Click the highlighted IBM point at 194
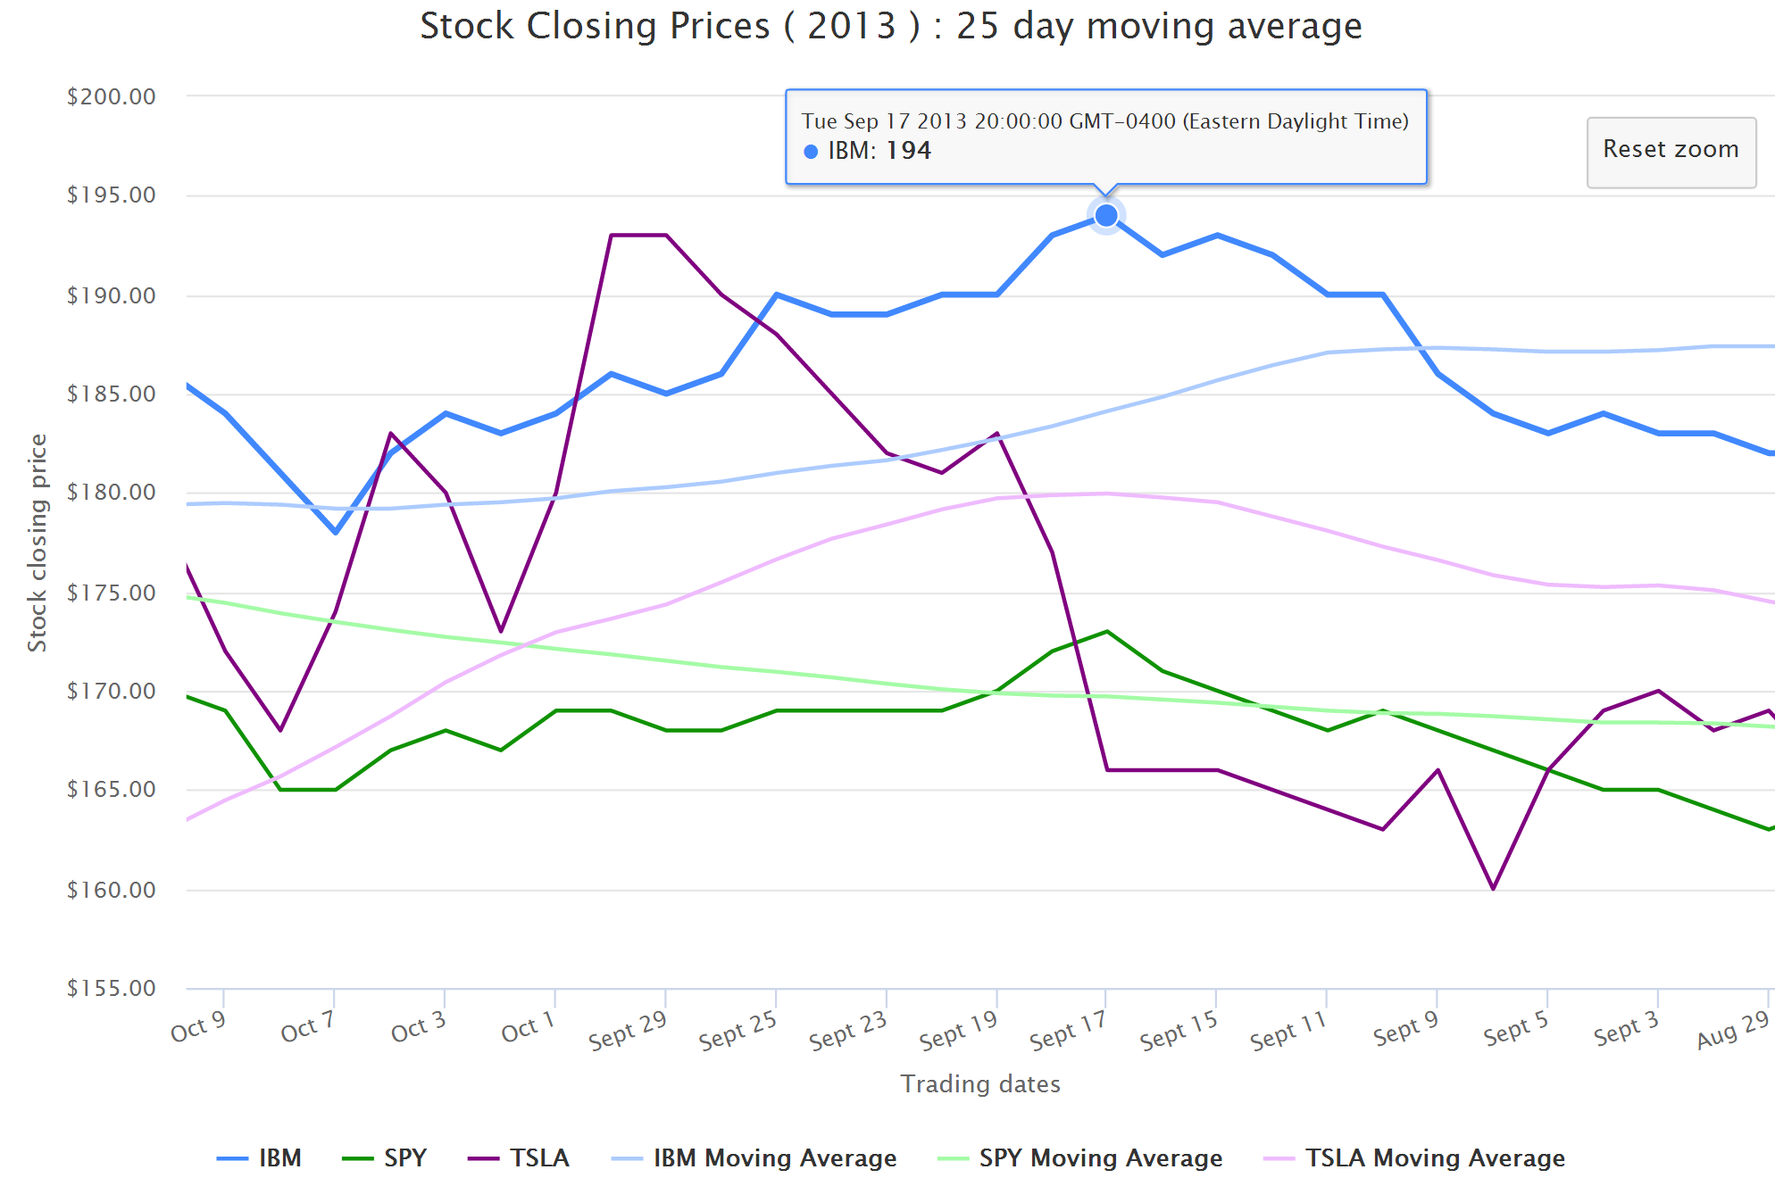[x=1106, y=216]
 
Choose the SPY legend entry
[x=385, y=1158]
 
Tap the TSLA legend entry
[x=519, y=1158]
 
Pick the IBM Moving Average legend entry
[x=754, y=1158]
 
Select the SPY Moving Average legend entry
[x=1080, y=1158]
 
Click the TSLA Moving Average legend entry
[x=1415, y=1158]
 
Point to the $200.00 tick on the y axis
[x=112, y=96]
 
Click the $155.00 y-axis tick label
[x=112, y=988]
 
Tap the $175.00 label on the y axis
[x=112, y=593]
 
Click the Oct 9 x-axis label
[x=198, y=1028]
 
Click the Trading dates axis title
[x=980, y=1083]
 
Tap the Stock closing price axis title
[x=37, y=543]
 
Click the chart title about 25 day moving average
[x=891, y=27]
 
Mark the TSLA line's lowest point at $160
[x=1493, y=889]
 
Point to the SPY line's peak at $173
[x=1107, y=632]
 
